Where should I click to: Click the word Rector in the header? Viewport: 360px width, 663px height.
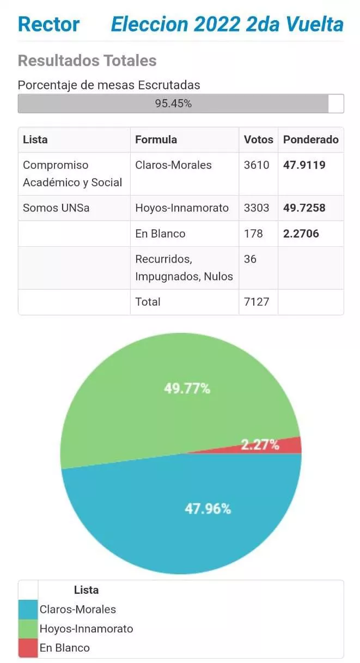tap(48, 24)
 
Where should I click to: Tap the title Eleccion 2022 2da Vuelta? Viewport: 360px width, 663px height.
tap(227, 24)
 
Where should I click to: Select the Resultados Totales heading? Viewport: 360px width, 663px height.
tap(87, 60)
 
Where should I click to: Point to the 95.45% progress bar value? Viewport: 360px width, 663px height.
tap(173, 104)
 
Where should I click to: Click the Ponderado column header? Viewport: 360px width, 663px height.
tap(310, 139)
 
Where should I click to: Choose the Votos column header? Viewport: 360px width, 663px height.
tap(258, 139)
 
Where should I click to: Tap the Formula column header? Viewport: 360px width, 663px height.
tap(156, 139)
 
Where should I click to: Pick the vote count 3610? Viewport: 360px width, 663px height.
tap(257, 165)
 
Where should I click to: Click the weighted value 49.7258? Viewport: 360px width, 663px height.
tap(304, 208)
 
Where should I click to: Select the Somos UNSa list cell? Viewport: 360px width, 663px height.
tap(56, 208)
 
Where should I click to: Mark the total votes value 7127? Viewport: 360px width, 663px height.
tap(257, 302)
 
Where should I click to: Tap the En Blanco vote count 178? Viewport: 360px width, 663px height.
tap(253, 234)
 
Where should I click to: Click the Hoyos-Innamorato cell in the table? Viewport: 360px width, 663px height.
tap(182, 208)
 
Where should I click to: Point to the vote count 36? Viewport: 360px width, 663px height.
tap(250, 259)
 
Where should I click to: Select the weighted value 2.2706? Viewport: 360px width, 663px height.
tap(301, 234)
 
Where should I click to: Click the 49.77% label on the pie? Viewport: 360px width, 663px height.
tap(187, 388)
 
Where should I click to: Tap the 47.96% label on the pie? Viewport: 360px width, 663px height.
tap(208, 508)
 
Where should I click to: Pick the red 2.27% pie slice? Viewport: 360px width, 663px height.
tap(289, 445)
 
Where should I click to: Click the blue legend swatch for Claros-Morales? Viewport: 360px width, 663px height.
tap(28, 609)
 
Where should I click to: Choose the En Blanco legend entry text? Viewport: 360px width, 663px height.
tap(64, 648)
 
